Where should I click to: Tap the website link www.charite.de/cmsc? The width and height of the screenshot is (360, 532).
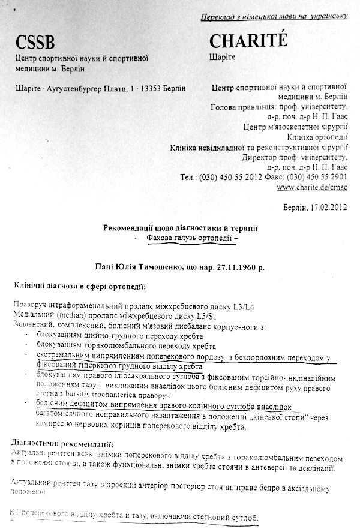(x=313, y=187)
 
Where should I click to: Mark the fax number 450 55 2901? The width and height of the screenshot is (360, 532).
(x=326, y=178)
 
